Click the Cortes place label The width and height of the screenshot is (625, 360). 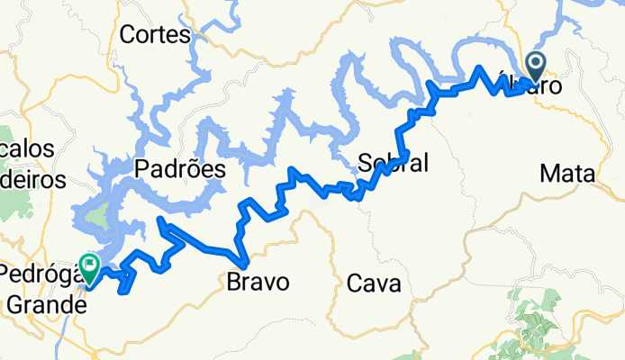[x=155, y=36]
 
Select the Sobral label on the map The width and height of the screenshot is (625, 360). [x=393, y=163]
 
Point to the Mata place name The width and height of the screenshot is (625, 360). [x=566, y=173]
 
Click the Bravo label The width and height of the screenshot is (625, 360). [x=258, y=282]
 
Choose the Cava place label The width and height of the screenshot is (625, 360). [x=373, y=283]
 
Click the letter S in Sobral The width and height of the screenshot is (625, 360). [x=364, y=163]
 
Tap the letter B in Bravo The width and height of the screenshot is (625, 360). [x=231, y=282]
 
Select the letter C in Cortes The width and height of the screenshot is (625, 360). [x=128, y=36]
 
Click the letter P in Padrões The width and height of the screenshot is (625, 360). [x=141, y=168]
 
